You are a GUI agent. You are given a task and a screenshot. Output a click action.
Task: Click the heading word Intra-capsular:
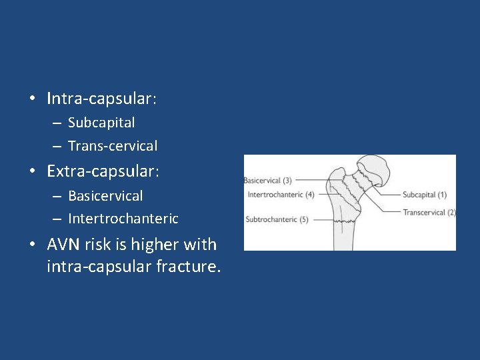(101, 99)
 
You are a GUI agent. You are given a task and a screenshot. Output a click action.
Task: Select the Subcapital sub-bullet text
(101, 123)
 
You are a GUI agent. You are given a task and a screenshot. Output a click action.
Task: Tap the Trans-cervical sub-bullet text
(113, 146)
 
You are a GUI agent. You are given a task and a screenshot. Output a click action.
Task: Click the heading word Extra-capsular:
(103, 171)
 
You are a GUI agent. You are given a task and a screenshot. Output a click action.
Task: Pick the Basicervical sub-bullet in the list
(105, 196)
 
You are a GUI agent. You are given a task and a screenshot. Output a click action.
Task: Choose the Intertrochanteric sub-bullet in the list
(123, 219)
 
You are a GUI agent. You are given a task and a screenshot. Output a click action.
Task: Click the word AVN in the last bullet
(65, 245)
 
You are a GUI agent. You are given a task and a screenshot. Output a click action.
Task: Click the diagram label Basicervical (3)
(267, 180)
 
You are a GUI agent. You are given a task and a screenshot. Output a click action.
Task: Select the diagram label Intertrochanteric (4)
(280, 195)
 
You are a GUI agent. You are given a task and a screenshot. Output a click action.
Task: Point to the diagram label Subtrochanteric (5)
(277, 219)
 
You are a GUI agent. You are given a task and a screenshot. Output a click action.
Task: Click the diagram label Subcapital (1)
(424, 195)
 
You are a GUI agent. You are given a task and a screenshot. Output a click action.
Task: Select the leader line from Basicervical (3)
(313, 180)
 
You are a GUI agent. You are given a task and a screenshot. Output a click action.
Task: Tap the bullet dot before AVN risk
(32, 245)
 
